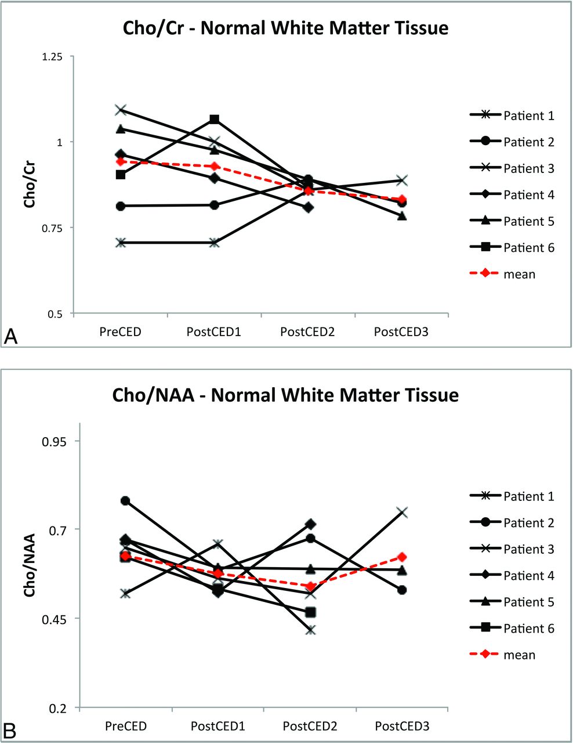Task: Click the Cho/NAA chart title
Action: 286,395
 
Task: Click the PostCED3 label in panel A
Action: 402,332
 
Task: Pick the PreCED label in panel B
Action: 126,727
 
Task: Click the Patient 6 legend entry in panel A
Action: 512,248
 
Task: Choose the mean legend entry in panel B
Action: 503,655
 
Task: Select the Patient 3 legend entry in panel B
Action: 512,549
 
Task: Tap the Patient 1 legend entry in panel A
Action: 512,116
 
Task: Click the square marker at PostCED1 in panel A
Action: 215,119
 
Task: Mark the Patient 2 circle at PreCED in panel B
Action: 125,500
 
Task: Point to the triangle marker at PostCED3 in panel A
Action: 402,215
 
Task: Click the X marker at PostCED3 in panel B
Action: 402,512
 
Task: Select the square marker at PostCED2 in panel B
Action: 311,612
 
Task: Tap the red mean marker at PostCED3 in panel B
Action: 402,557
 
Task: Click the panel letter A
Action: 12,336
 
